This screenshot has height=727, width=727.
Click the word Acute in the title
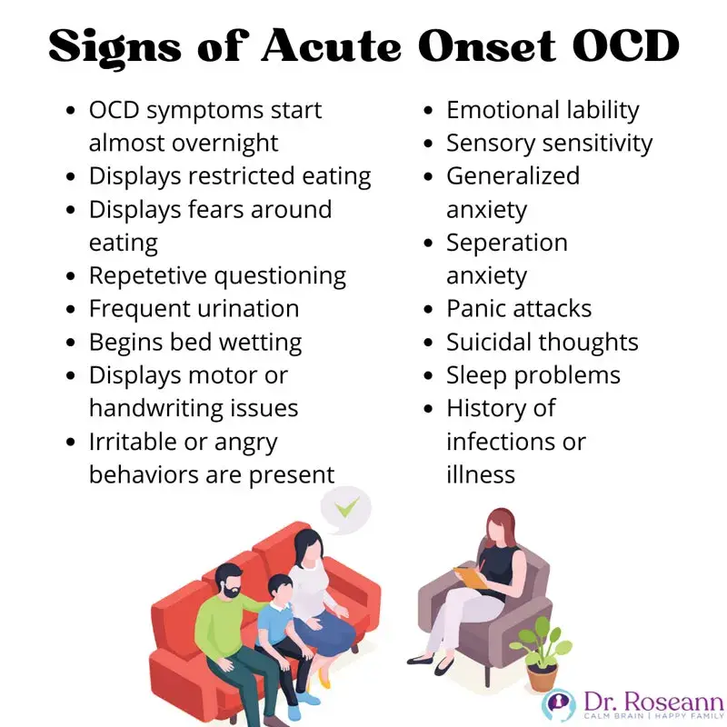(332, 46)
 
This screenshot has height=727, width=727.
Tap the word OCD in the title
(626, 46)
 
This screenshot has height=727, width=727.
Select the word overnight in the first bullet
(224, 144)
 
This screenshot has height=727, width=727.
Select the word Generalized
(513, 176)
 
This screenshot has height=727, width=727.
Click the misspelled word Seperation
(507, 243)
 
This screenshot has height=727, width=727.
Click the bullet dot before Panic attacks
(428, 309)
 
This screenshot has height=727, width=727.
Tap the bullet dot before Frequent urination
(71, 309)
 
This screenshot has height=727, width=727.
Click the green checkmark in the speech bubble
(347, 507)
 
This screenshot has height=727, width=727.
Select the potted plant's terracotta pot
(542, 677)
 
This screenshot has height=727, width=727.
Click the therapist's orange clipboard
(470, 578)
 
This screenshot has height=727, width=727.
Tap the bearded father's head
(228, 580)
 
